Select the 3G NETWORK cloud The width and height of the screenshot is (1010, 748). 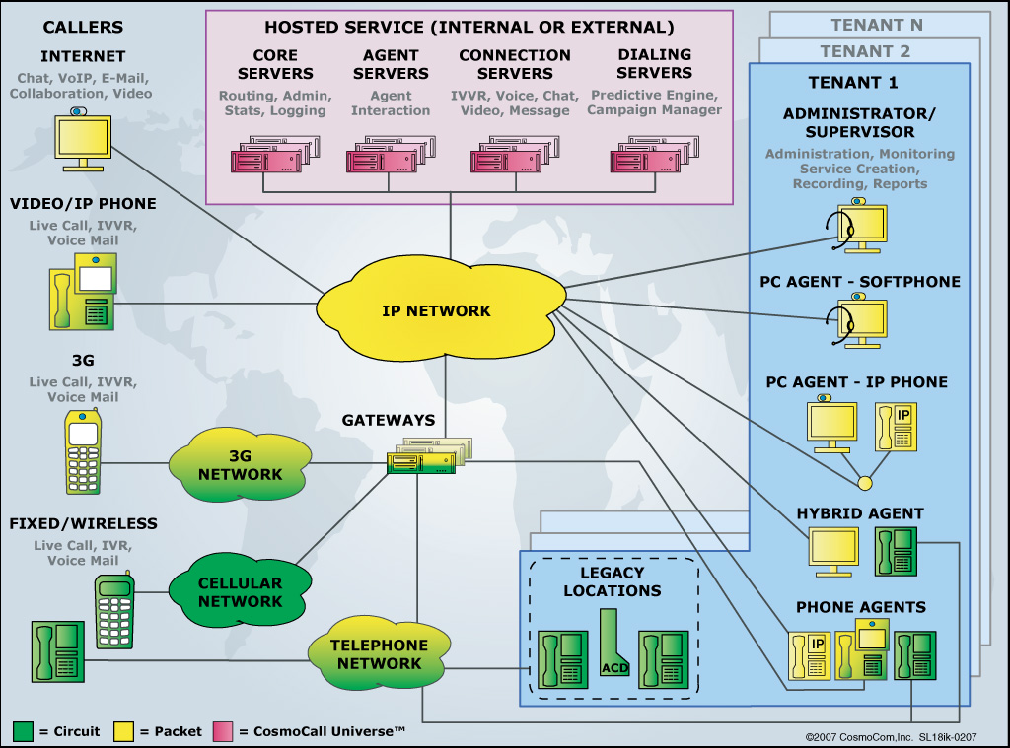coord(240,464)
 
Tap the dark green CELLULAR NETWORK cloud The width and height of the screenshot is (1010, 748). coord(240,591)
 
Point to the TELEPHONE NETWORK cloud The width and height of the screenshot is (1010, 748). coord(379,654)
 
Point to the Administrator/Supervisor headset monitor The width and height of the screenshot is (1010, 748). coord(859,225)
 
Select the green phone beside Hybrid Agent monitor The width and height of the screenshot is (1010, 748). coord(896,550)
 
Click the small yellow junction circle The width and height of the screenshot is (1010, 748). coord(866,484)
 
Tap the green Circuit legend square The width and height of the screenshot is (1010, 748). coord(24,731)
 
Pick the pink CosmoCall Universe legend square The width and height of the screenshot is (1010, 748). coord(220,731)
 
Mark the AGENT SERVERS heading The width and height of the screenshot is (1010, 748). coord(391,64)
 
